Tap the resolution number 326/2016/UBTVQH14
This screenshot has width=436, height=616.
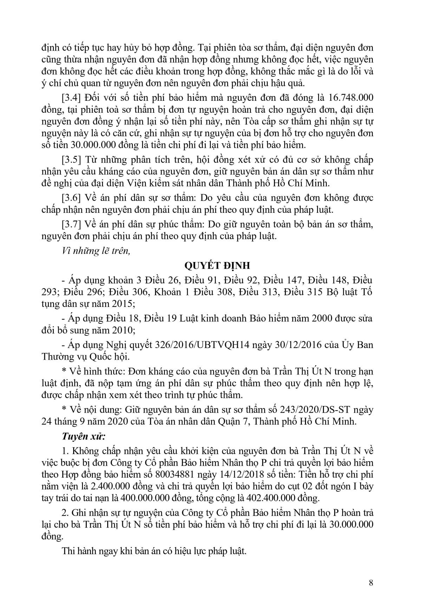click(x=202, y=345)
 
